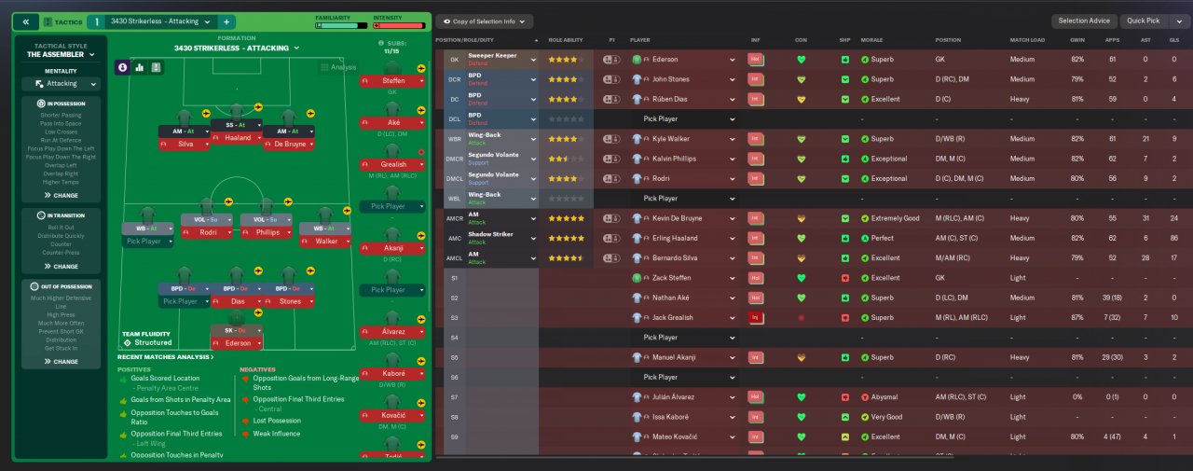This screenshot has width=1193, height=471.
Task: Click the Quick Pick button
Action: [x=1142, y=21]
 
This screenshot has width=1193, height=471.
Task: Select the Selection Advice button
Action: [x=1084, y=21]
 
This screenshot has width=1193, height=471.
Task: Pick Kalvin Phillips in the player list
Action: [x=674, y=159]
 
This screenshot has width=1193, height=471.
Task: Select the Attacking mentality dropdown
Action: [x=62, y=83]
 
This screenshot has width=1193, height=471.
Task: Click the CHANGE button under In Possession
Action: [x=62, y=196]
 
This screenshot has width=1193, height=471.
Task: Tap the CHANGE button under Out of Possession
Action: [x=62, y=361]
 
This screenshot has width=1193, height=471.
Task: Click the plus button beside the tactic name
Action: [x=226, y=21]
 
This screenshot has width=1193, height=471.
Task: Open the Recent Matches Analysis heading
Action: [x=165, y=357]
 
